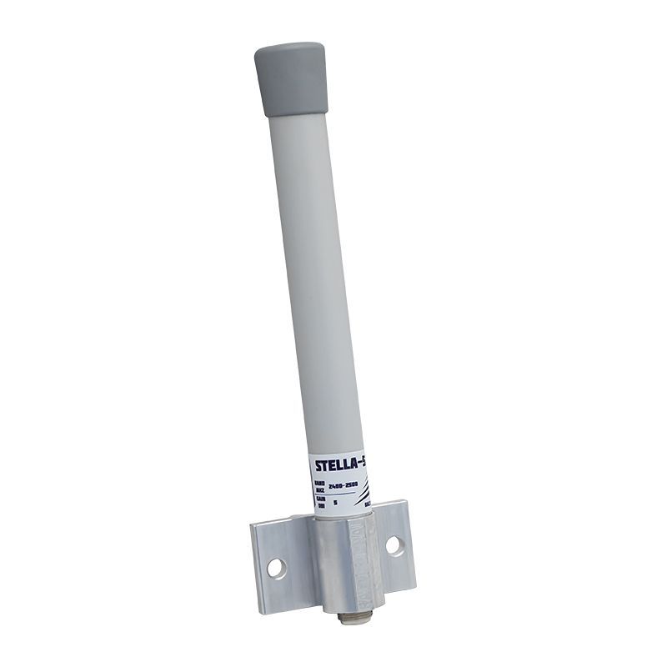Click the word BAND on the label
319,483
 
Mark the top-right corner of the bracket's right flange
405,502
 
